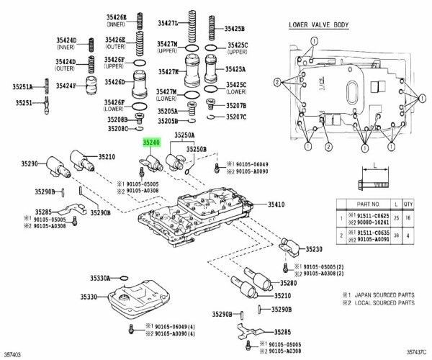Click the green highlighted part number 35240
[x=150, y=143]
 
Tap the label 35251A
[x=22, y=87]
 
